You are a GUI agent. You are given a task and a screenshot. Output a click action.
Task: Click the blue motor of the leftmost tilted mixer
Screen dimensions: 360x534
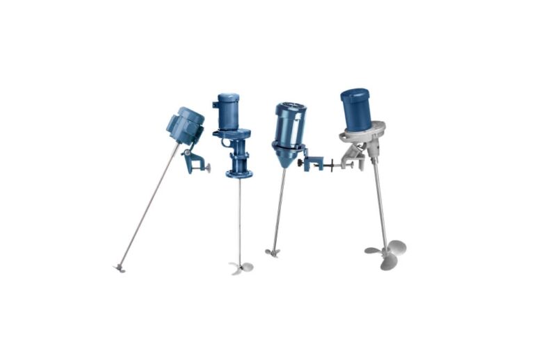(185, 125)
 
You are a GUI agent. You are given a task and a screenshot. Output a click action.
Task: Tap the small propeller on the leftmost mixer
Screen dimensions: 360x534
(119, 266)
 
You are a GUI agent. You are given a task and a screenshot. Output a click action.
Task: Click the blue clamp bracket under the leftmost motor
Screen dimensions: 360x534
(191, 158)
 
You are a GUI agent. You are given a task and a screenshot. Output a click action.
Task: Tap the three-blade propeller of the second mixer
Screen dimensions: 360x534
(241, 267)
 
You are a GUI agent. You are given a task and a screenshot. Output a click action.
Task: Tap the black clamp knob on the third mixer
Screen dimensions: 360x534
(301, 164)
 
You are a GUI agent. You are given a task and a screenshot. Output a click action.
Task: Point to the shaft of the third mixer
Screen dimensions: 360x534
(279, 208)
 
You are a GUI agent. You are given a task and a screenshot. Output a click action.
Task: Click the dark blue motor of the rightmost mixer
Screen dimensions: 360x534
(355, 109)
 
